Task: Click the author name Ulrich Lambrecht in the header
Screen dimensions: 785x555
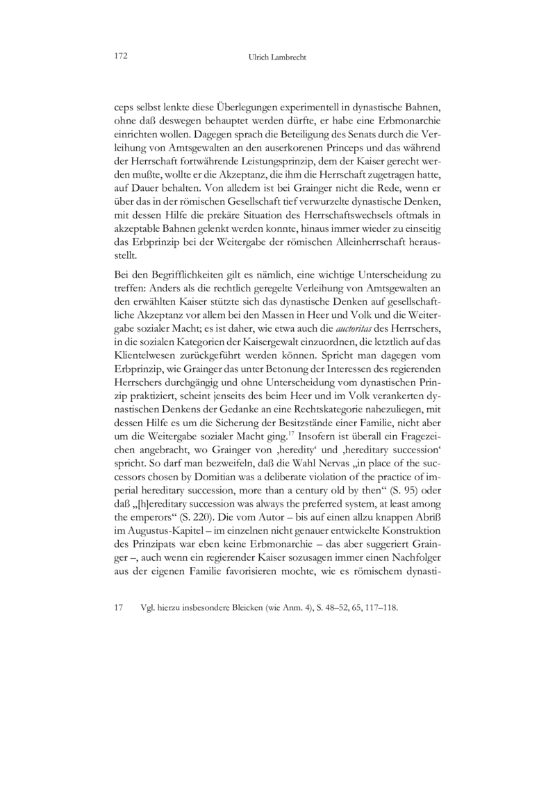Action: [x=277, y=58]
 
